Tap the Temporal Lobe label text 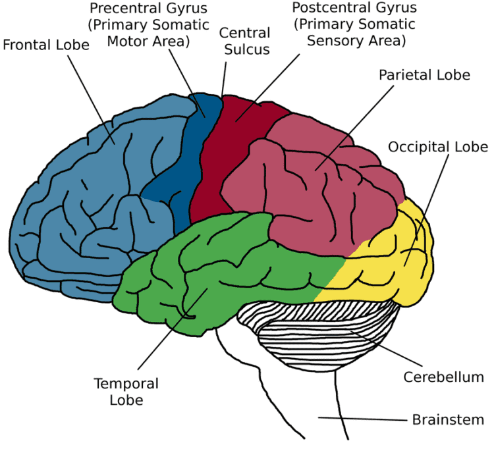[x=126, y=390]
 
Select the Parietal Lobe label [x=424, y=74]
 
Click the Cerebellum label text [x=443, y=377]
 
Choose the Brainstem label [x=448, y=419]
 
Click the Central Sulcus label [x=244, y=41]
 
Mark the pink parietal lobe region [x=316, y=198]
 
